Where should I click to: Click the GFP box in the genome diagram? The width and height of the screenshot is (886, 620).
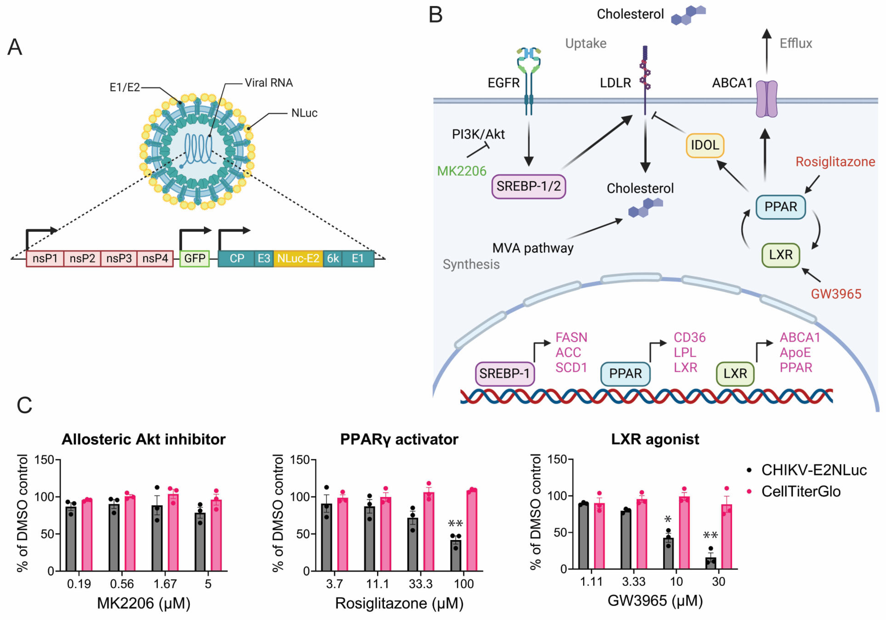pyautogui.click(x=194, y=258)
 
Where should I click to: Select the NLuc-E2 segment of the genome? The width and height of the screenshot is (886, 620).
pyautogui.click(x=298, y=258)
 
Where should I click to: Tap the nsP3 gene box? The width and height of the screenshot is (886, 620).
pyautogui.click(x=119, y=258)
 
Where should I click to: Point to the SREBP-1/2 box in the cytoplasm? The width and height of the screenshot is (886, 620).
pyautogui.click(x=528, y=187)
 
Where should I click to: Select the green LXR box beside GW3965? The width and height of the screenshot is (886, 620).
pyautogui.click(x=780, y=255)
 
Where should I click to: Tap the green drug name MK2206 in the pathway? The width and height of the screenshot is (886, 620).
pyautogui.click(x=462, y=171)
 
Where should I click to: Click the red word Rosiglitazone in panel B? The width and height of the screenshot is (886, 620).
pyautogui.click(x=835, y=162)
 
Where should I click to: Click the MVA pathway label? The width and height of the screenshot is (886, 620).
pyautogui.click(x=532, y=248)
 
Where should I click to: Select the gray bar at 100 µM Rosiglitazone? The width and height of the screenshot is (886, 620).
pyautogui.click(x=456, y=555)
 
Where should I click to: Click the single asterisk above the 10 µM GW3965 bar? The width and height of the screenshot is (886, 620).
pyautogui.click(x=668, y=520)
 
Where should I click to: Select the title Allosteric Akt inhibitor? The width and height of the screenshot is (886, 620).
pyautogui.click(x=143, y=439)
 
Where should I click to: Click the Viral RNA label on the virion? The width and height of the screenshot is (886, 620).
pyautogui.click(x=269, y=82)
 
